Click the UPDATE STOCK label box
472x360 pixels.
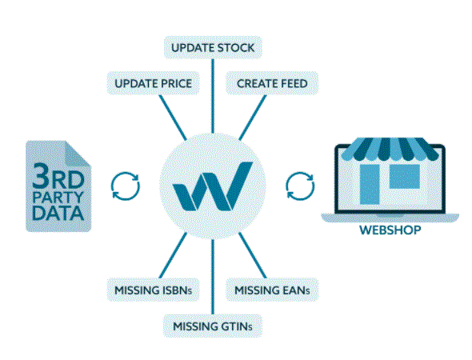tap(213, 47)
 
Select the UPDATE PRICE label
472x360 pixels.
tap(154, 83)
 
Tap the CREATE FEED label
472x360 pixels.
tap(272, 83)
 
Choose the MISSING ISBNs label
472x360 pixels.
tap(154, 290)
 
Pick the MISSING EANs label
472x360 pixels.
tap(272, 290)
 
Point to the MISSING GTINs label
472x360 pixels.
tap(213, 326)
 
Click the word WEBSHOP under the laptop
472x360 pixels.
tap(390, 230)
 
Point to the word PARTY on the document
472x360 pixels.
tap(58, 198)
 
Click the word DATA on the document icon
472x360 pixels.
tap(58, 213)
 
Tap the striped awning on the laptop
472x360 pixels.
tap(390, 148)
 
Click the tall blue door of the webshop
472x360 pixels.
tap(370, 184)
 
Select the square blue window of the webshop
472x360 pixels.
tap(405, 176)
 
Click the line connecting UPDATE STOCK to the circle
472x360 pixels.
tap(213, 96)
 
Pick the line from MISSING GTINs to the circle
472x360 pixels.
tap(213, 277)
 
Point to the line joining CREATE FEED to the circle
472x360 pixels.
tap(253, 118)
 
